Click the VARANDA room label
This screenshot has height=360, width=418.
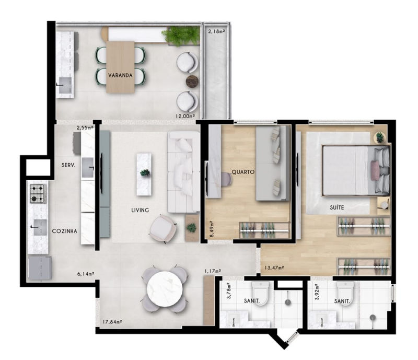120,75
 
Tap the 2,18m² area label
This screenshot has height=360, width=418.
216,31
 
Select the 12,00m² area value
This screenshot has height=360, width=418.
185,116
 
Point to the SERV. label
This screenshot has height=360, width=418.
68,165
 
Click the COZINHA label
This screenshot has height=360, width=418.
64,231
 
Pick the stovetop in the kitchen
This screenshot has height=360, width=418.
38,194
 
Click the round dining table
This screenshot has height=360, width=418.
165,289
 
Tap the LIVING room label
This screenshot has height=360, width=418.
140,211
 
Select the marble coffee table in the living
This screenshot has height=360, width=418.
144,174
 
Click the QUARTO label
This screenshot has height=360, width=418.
243,172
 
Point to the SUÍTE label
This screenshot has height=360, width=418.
336,207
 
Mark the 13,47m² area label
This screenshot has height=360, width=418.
274,268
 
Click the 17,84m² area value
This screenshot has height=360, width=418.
112,322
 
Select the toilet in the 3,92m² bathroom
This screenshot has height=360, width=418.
345,293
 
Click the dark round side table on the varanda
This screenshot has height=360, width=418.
192,81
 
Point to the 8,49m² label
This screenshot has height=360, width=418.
212,229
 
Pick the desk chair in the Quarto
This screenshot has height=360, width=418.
226,179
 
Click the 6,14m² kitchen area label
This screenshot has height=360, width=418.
85,274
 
